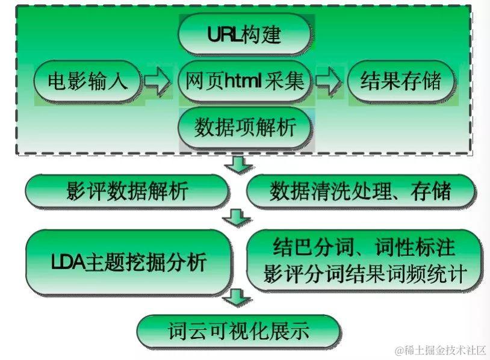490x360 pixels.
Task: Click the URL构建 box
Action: (245, 34)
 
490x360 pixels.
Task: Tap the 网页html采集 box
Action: (245, 81)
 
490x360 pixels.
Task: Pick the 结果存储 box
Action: (400, 81)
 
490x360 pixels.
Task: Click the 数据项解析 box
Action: (245, 127)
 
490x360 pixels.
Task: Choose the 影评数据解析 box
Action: (127, 191)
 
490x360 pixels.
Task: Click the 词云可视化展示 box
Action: (238, 331)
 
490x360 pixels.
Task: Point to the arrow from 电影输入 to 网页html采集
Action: (158, 81)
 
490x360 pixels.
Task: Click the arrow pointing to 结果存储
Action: (329, 81)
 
